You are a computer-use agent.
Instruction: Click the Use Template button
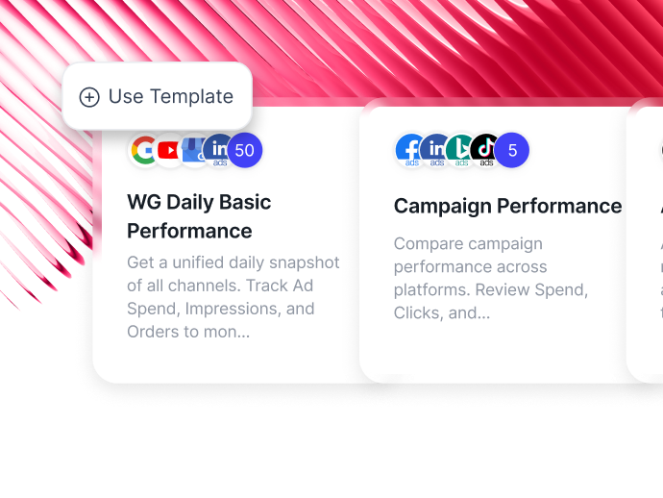157,96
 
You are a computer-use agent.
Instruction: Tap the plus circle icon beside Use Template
89,97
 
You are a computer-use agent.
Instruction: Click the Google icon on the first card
145,150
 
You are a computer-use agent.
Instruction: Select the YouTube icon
170,150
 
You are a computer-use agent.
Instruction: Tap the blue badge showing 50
244,150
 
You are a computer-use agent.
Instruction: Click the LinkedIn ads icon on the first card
219,150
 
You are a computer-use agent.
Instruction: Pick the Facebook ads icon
411,150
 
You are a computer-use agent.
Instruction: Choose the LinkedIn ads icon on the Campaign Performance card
436,150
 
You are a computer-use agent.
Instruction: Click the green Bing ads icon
461,150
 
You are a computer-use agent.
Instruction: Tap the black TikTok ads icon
486,150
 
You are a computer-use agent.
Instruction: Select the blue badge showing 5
512,150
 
